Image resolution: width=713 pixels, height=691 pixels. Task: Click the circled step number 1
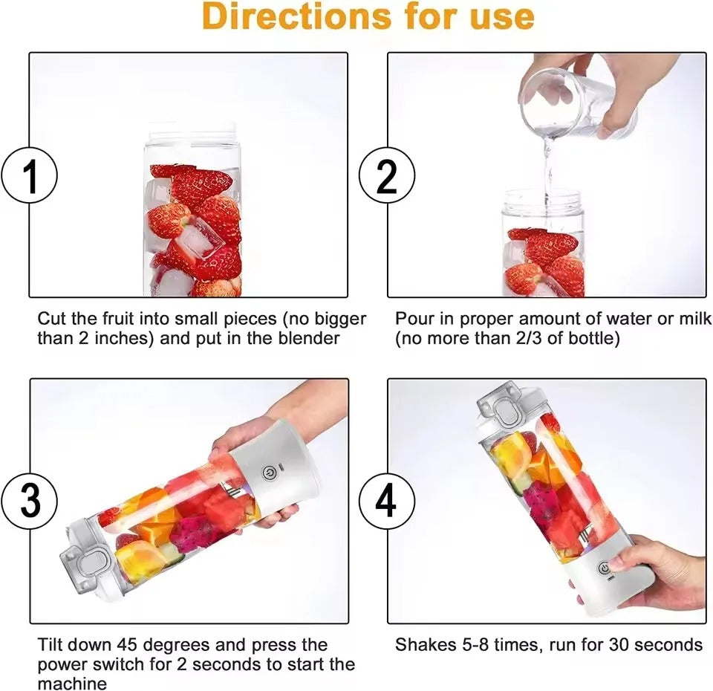[30, 176]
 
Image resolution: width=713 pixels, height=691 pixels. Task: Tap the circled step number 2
[387, 176]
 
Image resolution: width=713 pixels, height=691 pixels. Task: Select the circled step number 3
[30, 501]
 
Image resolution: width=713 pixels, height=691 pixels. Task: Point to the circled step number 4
[387, 501]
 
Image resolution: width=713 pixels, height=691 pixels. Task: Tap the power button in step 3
[269, 472]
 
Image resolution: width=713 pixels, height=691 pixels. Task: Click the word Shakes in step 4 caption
[420, 644]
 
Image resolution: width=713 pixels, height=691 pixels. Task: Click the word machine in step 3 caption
[72, 683]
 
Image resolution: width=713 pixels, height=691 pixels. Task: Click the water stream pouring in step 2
[547, 167]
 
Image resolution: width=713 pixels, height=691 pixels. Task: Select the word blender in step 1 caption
[313, 339]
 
